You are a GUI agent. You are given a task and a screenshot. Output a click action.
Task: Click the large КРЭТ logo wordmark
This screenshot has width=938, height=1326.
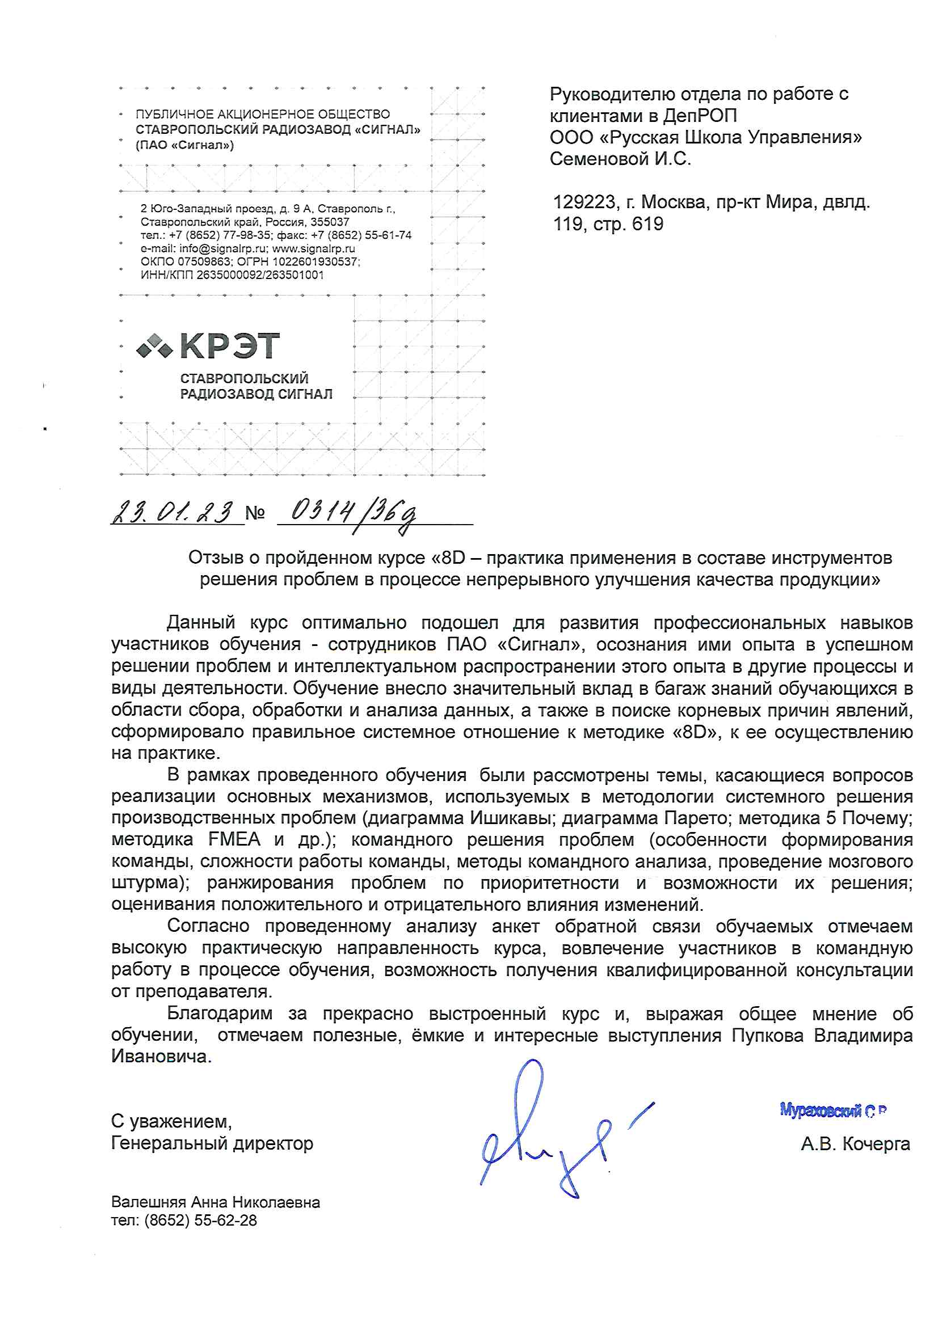pyautogui.click(x=230, y=345)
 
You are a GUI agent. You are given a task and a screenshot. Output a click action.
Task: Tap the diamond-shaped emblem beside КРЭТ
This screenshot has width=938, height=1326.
pyautogui.click(x=154, y=346)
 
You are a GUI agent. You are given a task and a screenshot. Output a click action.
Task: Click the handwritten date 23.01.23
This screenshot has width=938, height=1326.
pyautogui.click(x=173, y=512)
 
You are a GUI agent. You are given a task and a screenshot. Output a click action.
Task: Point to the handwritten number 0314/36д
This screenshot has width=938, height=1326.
pyautogui.click(x=352, y=512)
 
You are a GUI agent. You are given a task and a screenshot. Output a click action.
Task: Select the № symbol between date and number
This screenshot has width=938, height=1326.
pyautogui.click(x=255, y=512)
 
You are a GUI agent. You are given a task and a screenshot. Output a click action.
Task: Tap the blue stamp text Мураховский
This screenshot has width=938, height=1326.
pyautogui.click(x=820, y=1109)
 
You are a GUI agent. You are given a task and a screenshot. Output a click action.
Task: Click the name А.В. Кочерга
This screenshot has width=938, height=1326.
pyautogui.click(x=855, y=1143)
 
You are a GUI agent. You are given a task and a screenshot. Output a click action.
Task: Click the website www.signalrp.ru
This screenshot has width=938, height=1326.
pyautogui.click(x=313, y=249)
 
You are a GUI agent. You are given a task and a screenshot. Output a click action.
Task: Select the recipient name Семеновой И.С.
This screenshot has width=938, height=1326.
pyautogui.click(x=620, y=159)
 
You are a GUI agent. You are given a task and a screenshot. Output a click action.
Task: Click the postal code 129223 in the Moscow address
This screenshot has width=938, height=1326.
pyautogui.click(x=584, y=202)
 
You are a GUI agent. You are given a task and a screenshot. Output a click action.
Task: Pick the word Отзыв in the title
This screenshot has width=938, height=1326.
pyautogui.click(x=216, y=558)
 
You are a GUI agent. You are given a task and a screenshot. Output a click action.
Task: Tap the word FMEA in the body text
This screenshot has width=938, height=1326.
pyautogui.click(x=235, y=839)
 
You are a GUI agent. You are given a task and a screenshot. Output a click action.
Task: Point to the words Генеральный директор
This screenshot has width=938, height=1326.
pyautogui.click(x=212, y=1143)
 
